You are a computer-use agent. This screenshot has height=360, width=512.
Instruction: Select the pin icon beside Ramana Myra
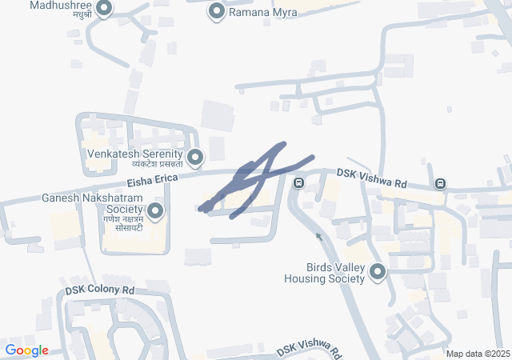(x=217, y=11)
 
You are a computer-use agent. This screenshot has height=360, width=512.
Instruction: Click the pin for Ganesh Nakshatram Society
(x=154, y=211)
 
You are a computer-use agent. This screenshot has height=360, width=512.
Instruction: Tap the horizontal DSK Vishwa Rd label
(x=372, y=172)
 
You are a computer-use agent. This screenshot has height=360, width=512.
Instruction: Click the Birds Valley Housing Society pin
(x=377, y=273)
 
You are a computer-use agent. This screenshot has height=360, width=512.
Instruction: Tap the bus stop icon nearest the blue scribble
(x=298, y=183)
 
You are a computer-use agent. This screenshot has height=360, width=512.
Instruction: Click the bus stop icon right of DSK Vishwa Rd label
(x=440, y=184)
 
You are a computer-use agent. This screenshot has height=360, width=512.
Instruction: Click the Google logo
(x=26, y=350)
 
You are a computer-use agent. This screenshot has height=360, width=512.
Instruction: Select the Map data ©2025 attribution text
(x=477, y=354)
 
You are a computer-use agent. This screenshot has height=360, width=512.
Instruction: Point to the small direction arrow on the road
(x=318, y=236)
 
